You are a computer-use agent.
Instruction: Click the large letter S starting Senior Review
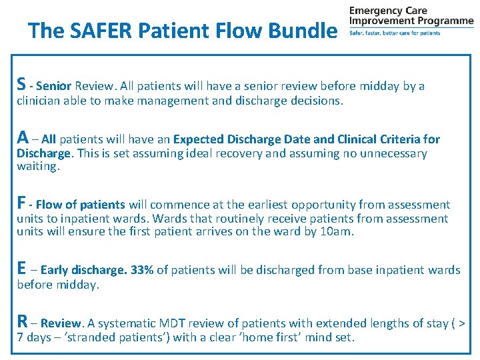22,84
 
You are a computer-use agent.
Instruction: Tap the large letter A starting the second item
23,137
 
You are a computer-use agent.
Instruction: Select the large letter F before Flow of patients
21,203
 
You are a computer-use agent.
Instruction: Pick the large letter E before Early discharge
21,268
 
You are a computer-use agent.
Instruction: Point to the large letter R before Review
22,321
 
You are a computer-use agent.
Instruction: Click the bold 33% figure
141,270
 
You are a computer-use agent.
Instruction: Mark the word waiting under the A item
37,167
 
